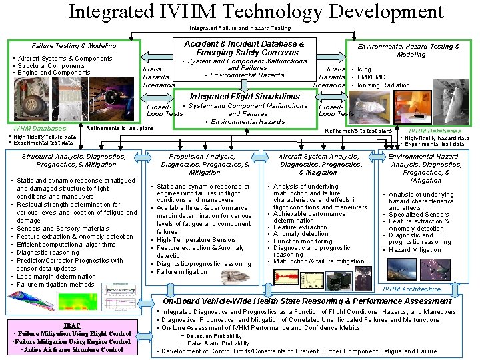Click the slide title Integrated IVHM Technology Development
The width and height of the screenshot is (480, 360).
pos(255,11)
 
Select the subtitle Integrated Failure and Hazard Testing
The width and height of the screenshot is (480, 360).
pos(240,28)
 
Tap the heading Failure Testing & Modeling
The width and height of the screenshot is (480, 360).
pos(74,46)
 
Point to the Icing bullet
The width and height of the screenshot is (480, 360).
pos(364,69)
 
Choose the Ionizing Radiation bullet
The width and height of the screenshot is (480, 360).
pos(383,85)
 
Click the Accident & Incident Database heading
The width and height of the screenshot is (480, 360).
pos(244,48)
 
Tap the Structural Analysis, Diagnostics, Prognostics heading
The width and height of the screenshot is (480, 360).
pos(73,160)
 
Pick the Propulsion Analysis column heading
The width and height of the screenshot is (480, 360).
pos(205,164)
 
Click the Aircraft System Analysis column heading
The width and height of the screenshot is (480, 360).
pos(321,164)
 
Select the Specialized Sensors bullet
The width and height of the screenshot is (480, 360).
pos(419,215)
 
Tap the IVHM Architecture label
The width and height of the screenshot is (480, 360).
pos(411,289)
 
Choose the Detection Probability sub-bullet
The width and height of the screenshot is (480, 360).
pos(214,336)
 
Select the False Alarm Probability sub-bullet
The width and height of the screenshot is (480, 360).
pos(217,343)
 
